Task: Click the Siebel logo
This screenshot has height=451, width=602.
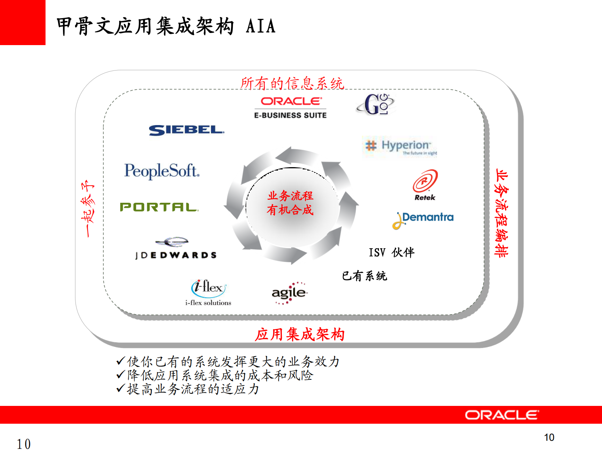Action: click(186, 130)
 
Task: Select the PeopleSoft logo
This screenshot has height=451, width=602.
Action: click(162, 171)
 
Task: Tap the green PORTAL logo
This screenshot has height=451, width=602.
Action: click(159, 207)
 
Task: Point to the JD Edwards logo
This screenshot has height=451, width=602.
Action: click(176, 249)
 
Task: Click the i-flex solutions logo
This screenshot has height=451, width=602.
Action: click(208, 292)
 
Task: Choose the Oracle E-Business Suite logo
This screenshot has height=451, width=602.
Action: click(291, 108)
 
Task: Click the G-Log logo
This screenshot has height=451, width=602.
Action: click(375, 104)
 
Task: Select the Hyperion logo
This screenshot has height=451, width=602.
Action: click(401, 147)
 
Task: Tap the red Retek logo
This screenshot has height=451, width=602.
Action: click(425, 185)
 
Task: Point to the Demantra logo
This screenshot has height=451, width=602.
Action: click(423, 219)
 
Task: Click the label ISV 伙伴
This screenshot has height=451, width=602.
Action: click(391, 252)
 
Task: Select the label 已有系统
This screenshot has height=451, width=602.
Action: click(364, 276)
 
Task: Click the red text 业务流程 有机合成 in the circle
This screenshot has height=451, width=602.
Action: click(290, 203)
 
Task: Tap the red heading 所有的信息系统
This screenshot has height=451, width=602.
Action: click(292, 83)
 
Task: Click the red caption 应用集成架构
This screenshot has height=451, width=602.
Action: click(300, 334)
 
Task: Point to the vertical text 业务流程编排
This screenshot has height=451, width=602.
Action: click(501, 213)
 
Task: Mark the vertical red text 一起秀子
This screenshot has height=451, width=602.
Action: click(88, 208)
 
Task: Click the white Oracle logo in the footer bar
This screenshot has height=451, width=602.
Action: click(502, 415)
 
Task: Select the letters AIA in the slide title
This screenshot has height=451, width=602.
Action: click(261, 27)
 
